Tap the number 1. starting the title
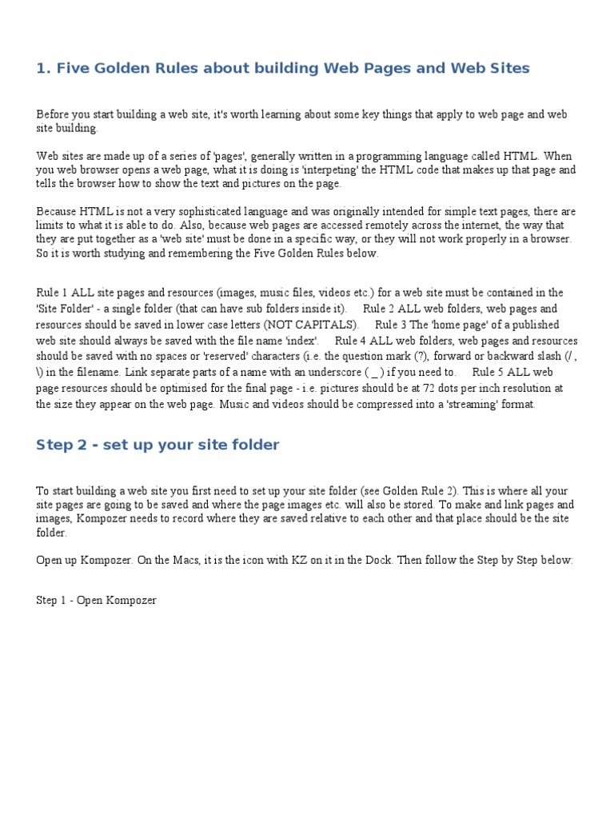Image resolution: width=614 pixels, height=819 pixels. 44,69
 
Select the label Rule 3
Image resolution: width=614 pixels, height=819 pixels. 392,325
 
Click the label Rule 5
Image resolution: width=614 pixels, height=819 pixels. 489,372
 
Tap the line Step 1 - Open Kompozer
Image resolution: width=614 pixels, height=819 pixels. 96,600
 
